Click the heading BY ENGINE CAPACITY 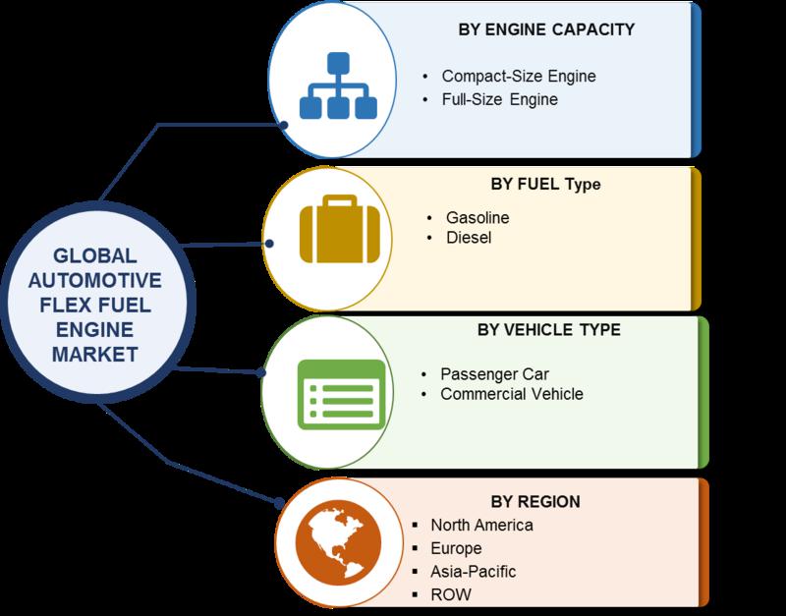click(546, 29)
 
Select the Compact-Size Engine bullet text click(519, 77)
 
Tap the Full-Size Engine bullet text click(500, 99)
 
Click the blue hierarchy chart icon click(338, 85)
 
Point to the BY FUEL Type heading click(546, 185)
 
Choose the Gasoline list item click(477, 217)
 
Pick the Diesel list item click(469, 238)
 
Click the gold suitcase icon click(340, 229)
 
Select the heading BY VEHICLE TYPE click(549, 330)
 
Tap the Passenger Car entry click(494, 374)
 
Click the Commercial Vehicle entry click(512, 394)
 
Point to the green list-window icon click(341, 395)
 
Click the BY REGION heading click(535, 502)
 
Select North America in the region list click(481, 526)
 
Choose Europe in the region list click(456, 548)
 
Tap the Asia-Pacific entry click(474, 572)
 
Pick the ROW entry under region click(451, 595)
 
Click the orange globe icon click(338, 543)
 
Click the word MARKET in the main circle click(94, 355)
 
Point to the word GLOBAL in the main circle click(94, 256)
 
